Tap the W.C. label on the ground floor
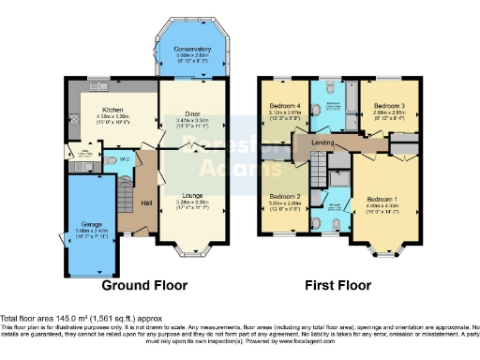122,159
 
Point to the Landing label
328,142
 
